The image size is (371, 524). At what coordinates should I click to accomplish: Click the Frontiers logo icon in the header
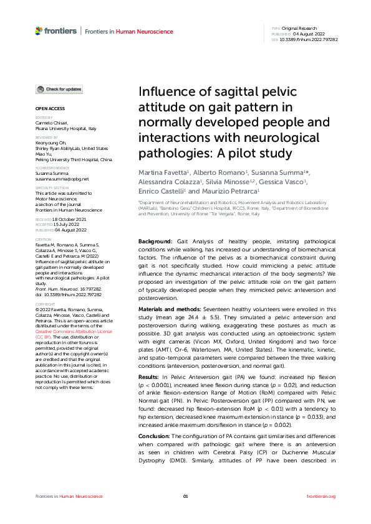pyautogui.click(x=39, y=30)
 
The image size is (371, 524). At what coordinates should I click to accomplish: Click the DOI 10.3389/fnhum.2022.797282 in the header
pyautogui.click(x=311, y=39)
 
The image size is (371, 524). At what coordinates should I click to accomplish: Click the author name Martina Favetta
pyautogui.click(x=162, y=171)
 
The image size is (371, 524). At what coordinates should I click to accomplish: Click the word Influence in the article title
pyautogui.click(x=164, y=93)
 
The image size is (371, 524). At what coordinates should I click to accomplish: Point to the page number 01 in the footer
pyautogui.click(x=185, y=496)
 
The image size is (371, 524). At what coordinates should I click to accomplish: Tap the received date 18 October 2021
pyautogui.click(x=69, y=220)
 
